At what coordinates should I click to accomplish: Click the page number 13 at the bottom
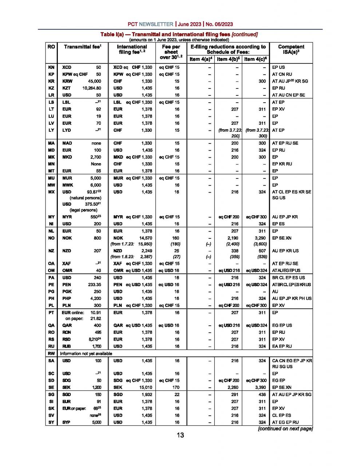coord(180,435)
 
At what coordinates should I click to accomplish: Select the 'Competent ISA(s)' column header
coord(291,49)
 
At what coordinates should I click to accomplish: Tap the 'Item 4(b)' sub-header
coord(229,59)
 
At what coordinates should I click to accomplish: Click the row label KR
coord(51,81)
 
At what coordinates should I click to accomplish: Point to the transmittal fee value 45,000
coord(94,81)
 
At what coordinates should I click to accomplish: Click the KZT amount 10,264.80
coord(92,88)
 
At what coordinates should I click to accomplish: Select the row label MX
coord(51,192)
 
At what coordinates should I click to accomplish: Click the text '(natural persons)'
coord(85,198)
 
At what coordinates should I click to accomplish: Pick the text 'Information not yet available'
coord(86,354)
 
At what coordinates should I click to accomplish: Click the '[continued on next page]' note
coord(285,429)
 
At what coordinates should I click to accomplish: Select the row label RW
coord(51,354)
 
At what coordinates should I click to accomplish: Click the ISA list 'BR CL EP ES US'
coord(288,278)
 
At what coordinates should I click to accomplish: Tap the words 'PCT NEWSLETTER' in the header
coord(150,24)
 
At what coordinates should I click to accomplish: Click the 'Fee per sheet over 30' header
coord(171,52)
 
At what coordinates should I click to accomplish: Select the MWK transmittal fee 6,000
coord(96,185)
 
